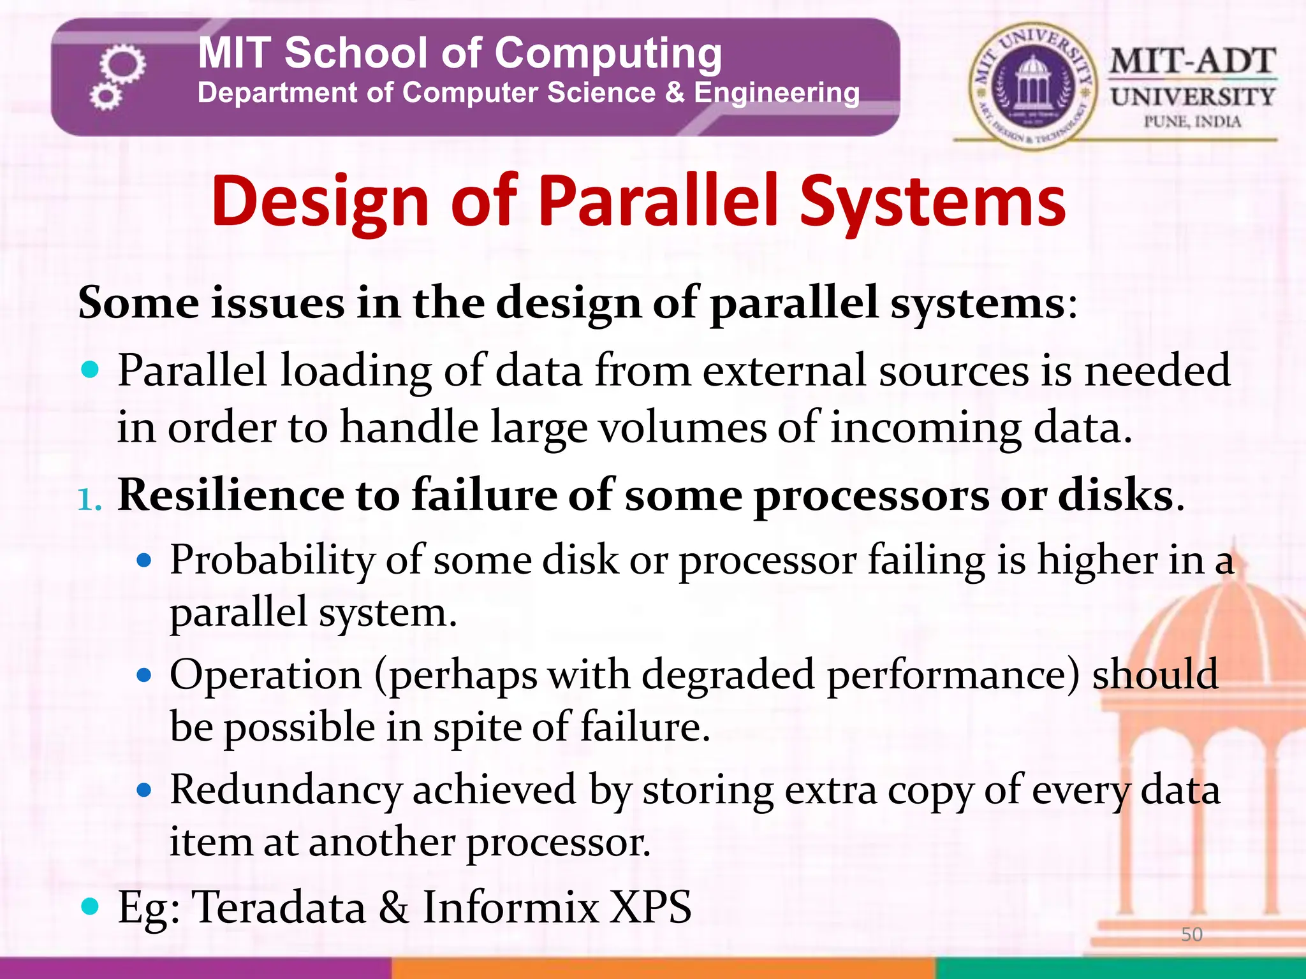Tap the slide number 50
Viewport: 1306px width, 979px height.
1191,934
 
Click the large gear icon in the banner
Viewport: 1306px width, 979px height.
122,64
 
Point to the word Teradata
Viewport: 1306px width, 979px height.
279,907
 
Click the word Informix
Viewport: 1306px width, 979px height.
510,907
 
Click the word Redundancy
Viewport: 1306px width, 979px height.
286,790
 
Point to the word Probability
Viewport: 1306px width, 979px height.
272,561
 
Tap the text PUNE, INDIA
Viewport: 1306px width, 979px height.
1192,122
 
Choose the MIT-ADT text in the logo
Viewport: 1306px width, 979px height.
1192,62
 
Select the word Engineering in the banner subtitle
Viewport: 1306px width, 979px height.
776,93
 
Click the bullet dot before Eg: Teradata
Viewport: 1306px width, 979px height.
91,906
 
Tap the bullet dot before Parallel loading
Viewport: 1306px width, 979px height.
91,369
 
